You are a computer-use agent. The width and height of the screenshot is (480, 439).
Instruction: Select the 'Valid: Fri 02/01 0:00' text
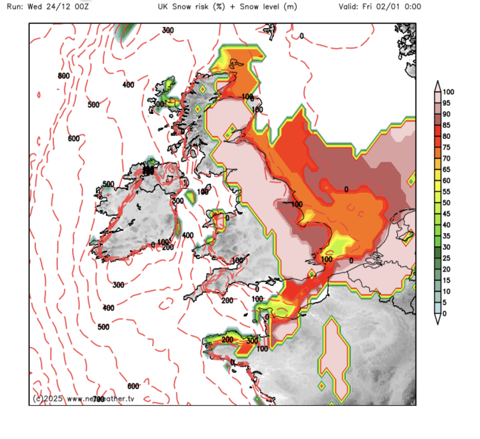(x=379, y=7)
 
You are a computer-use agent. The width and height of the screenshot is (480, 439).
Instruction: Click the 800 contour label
(x=64, y=76)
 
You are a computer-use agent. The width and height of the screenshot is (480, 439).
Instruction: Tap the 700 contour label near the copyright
(x=99, y=399)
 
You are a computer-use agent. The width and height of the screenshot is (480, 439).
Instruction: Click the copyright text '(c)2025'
(x=48, y=399)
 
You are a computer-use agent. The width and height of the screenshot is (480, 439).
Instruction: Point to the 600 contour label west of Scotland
(x=73, y=139)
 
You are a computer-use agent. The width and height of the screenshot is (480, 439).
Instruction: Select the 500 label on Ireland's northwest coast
(x=108, y=184)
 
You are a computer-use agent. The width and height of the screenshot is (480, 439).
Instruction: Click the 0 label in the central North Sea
(x=346, y=189)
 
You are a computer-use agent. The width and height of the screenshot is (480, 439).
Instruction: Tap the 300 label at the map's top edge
(x=168, y=30)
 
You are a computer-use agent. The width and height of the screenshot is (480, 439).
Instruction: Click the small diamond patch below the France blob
(x=322, y=386)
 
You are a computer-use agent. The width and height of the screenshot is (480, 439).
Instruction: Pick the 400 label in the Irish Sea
(x=188, y=236)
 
